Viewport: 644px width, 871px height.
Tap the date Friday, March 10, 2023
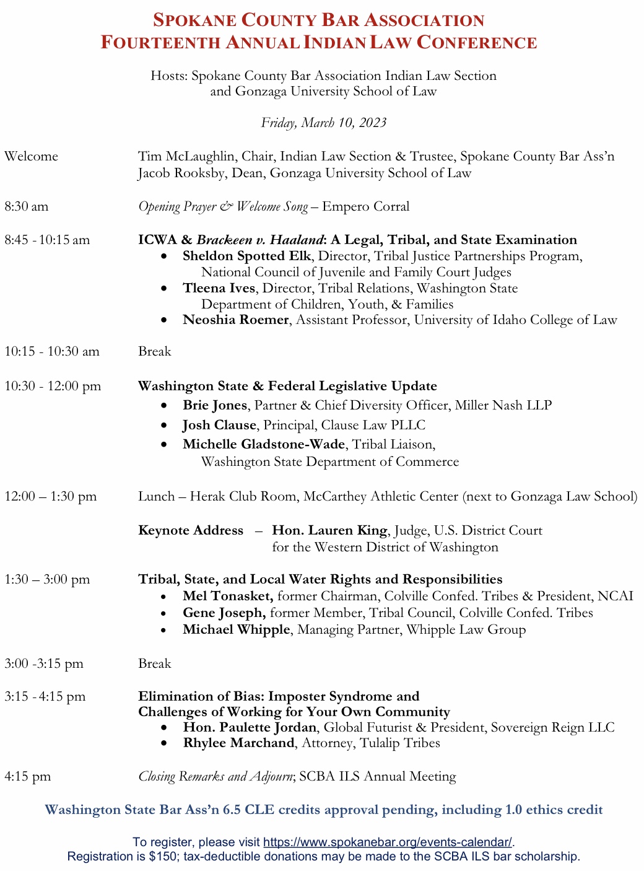(323, 123)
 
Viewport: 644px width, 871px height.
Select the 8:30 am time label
(26, 207)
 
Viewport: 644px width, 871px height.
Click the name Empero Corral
(365, 207)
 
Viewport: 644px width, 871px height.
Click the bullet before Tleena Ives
(163, 289)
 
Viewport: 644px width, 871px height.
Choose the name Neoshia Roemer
(235, 320)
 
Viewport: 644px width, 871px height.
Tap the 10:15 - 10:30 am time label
(52, 352)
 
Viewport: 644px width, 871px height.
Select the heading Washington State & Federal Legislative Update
(287, 387)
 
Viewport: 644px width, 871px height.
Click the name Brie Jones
(215, 406)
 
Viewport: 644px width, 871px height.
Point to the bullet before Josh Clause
(163, 426)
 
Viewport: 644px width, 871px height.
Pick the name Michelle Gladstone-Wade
(264, 445)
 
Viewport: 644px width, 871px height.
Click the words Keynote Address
(191, 531)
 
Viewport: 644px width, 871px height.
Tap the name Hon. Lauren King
(329, 531)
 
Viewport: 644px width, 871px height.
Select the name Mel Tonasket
(227, 597)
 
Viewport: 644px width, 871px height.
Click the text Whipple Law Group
(466, 630)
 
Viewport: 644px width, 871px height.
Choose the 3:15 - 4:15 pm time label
(45, 697)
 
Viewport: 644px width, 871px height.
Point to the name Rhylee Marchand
(238, 743)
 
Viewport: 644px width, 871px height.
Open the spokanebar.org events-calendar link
(388, 843)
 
